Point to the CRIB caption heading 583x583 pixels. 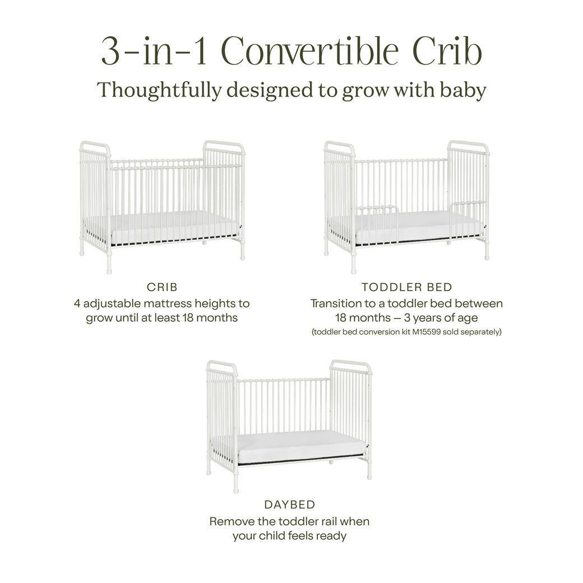[x=162, y=287]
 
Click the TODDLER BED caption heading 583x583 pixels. [x=406, y=287]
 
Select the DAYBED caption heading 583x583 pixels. [x=289, y=505]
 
